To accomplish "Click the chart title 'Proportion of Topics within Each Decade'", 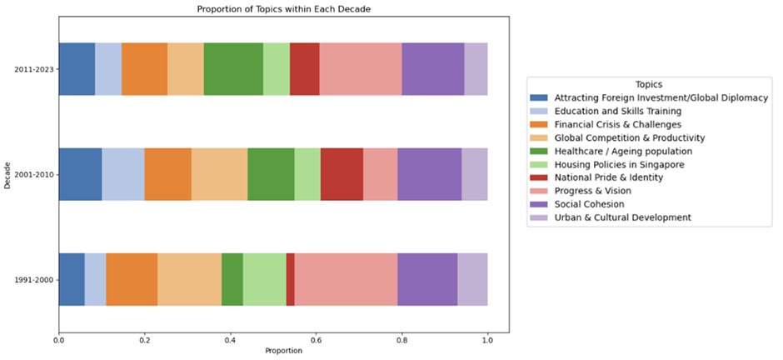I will tap(283, 9).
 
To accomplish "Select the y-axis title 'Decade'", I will tap(7, 174).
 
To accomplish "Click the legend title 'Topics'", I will tap(649, 84).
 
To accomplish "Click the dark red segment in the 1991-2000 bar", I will tap(290, 279).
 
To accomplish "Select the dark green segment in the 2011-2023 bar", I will tap(233, 69).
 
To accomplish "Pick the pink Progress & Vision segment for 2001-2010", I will tap(380, 174).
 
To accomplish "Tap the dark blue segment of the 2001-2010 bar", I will tap(80, 174).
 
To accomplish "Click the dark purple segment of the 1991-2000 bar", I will tap(427, 279).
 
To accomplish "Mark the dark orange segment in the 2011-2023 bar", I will tap(144, 69).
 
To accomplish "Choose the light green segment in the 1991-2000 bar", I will tap(264, 279).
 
